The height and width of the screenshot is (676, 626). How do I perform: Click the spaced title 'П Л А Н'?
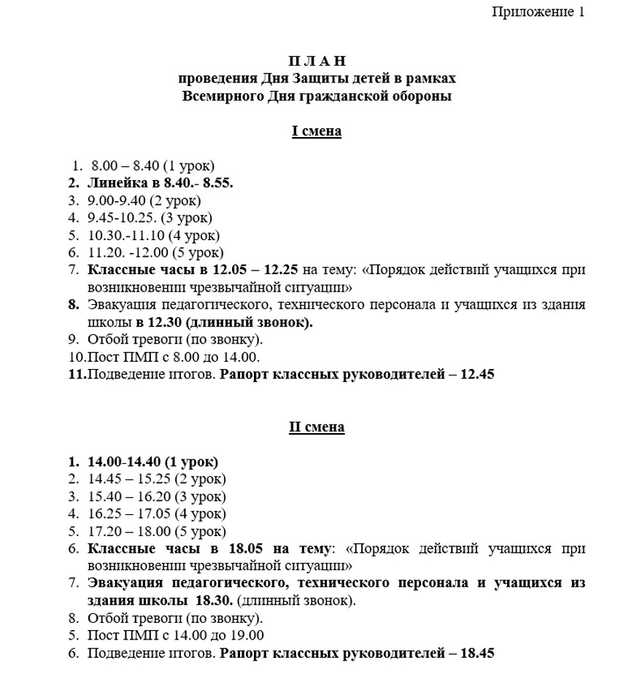[317, 61]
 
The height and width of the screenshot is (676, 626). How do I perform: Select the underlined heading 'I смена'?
[317, 131]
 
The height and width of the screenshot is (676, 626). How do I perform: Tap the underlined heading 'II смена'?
[317, 427]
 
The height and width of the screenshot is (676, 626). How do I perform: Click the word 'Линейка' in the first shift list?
[113, 183]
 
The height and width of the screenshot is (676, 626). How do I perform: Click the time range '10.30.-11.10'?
[125, 235]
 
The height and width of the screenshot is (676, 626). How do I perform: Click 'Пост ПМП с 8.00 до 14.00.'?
[174, 357]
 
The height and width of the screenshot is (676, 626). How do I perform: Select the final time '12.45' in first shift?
[478, 374]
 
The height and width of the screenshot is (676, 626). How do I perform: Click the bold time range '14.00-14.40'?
[123, 462]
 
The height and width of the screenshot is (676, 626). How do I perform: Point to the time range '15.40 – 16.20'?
[125, 497]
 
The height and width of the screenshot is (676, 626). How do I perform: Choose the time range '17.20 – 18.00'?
[125, 532]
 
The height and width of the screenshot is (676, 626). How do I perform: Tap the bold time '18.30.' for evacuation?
[214, 601]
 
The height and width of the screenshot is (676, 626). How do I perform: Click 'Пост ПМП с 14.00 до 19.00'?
[175, 636]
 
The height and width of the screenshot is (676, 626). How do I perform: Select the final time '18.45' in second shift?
[477, 653]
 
